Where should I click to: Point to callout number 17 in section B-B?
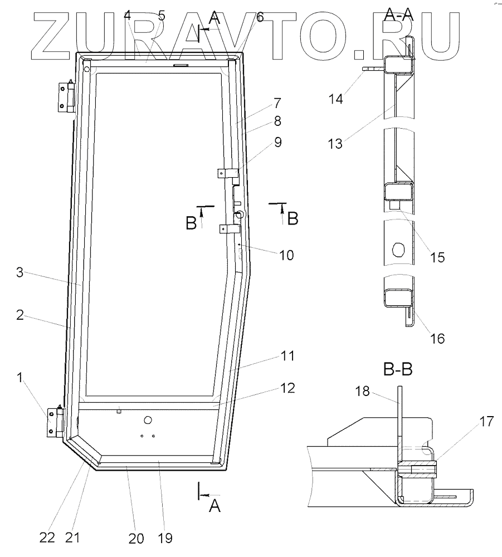click(x=485, y=422)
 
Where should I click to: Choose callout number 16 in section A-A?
click(x=437, y=338)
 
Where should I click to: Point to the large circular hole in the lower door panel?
click(x=148, y=419)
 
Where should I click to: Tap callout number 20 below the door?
click(x=136, y=538)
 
